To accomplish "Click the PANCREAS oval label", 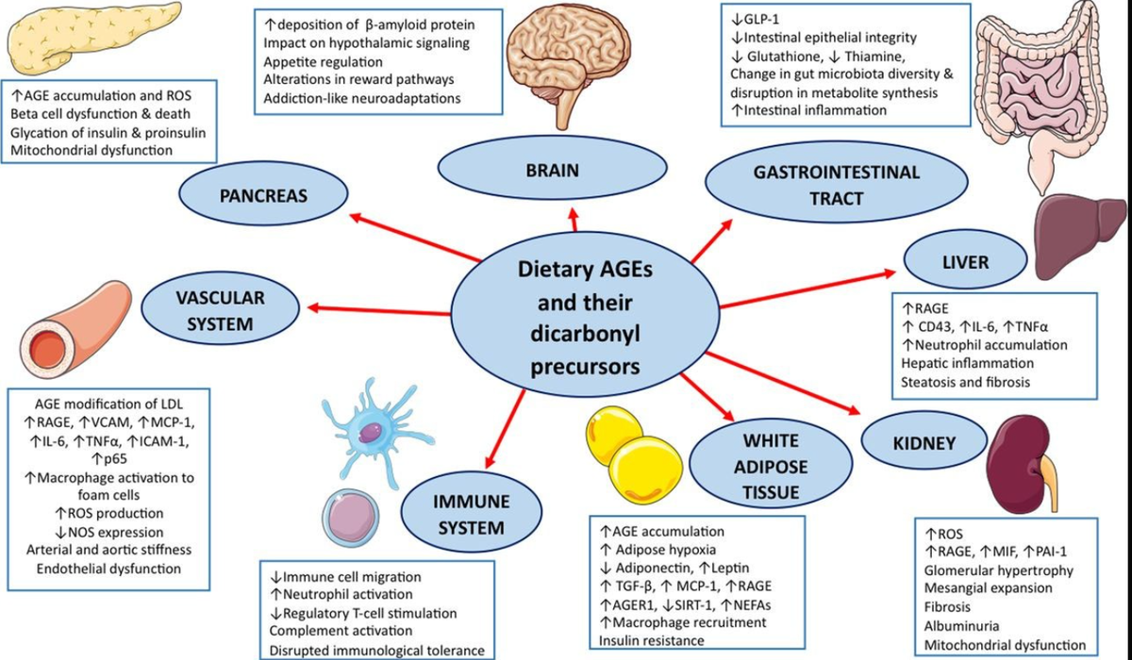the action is tap(263, 195).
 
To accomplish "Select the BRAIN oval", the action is tap(553, 169).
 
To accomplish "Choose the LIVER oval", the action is tap(965, 260).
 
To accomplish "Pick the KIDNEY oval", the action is tap(924, 442).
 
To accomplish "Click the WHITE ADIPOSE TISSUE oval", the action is tap(771, 466).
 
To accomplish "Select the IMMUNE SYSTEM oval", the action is tap(472, 514).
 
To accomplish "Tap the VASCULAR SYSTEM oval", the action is tap(220, 309).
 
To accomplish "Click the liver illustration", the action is tap(1081, 237).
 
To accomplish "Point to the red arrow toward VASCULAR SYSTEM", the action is tap(378, 310).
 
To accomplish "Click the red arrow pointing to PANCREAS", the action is tap(415, 237).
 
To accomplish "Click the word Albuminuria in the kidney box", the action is tap(961, 626).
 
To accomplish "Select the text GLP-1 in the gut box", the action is tap(756, 20).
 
